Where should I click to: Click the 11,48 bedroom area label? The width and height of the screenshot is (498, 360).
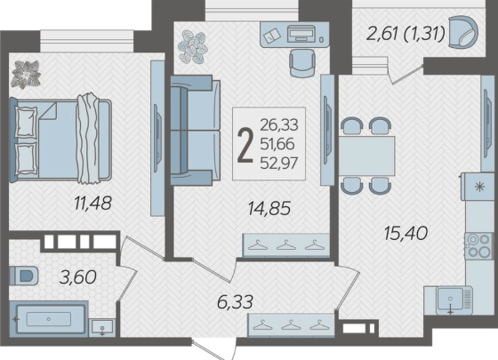click(92, 204)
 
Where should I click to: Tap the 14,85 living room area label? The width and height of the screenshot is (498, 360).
click(269, 209)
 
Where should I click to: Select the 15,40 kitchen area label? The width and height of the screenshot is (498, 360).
click(406, 233)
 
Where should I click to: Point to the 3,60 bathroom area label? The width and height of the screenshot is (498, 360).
click(78, 277)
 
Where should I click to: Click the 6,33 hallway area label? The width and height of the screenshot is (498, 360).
click(235, 301)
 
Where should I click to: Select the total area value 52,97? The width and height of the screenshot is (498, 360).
click(279, 164)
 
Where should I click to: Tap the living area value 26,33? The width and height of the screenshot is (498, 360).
click(279, 125)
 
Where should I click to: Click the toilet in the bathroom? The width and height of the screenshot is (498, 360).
click(24, 276)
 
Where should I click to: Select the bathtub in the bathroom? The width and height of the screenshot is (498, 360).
click(49, 319)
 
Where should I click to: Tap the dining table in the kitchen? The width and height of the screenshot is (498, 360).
click(366, 156)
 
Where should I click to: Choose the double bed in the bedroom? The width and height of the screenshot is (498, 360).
click(60, 140)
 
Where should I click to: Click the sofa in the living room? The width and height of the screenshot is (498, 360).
click(196, 130)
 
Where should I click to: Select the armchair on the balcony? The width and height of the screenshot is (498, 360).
click(463, 32)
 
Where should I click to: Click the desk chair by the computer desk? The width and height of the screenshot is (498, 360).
click(302, 63)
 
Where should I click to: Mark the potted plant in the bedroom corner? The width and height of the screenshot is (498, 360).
click(26, 75)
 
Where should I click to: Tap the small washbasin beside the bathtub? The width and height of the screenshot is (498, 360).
click(102, 327)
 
